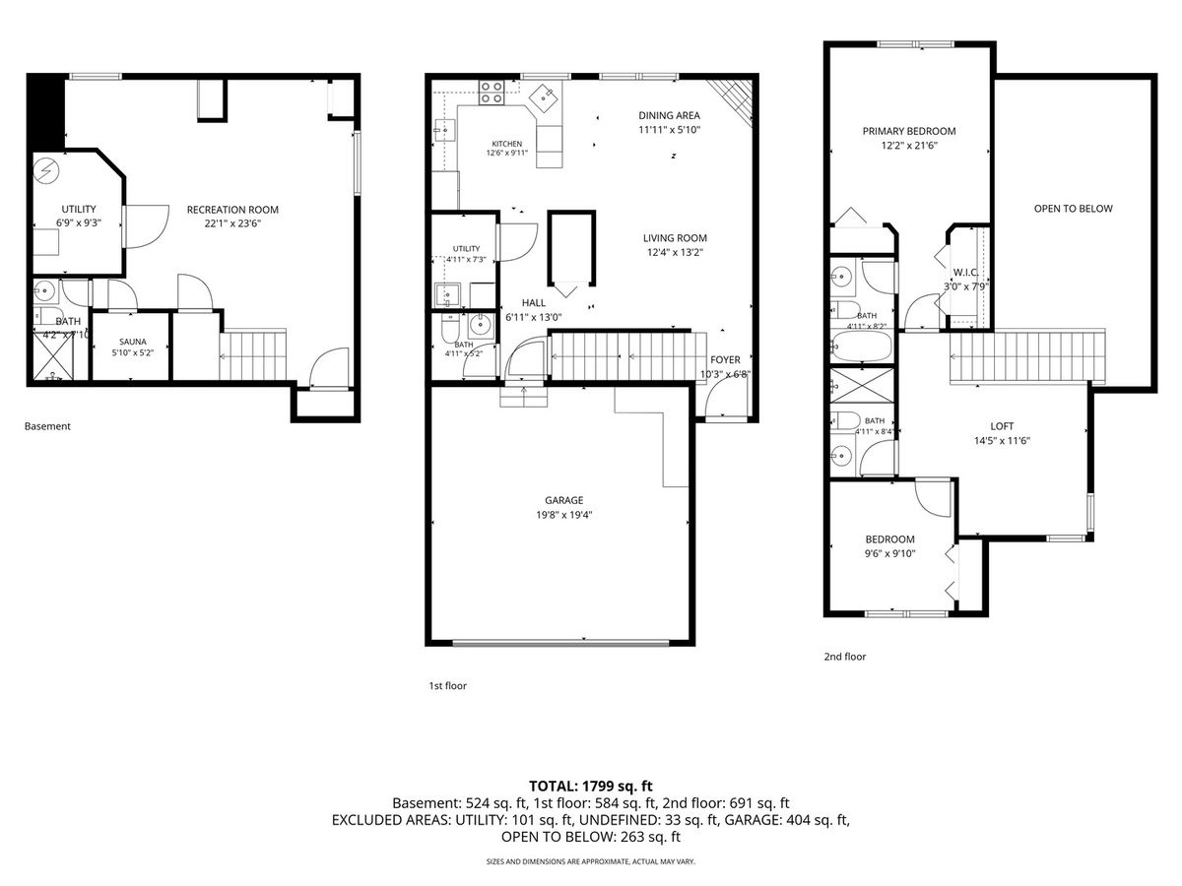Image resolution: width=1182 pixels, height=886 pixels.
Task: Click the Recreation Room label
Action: (232, 210)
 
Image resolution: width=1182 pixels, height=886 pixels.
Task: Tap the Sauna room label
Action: (132, 342)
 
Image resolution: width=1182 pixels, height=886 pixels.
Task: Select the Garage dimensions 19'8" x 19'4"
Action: (563, 515)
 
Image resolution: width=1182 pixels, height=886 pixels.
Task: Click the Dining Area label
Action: (670, 115)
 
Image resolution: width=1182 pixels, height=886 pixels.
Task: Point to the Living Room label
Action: (675, 238)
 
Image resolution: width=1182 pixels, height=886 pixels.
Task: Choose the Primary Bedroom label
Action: (909, 131)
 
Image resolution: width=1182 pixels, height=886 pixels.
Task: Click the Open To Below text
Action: (1073, 209)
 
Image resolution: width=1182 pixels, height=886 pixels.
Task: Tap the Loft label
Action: (1002, 426)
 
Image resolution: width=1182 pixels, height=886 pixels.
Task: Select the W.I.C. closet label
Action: (965, 273)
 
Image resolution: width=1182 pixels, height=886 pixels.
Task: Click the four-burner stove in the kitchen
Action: (492, 92)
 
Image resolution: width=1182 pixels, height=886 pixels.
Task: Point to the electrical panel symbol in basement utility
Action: (46, 170)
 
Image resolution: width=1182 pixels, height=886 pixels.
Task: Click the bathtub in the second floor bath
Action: (861, 346)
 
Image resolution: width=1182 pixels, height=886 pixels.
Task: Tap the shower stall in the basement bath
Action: (53, 356)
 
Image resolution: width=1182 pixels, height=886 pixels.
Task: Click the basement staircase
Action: (252, 355)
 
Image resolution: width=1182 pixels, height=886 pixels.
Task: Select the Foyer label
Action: (725, 360)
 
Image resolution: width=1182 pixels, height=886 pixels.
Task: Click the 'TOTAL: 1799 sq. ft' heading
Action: (591, 786)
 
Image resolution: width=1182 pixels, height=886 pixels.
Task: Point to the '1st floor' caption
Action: (447, 685)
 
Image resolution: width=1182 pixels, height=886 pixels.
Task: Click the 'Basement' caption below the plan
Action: (47, 426)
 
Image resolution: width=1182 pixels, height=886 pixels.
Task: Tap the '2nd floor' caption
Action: (845, 657)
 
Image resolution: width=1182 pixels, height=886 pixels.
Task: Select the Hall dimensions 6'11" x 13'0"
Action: (533, 317)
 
